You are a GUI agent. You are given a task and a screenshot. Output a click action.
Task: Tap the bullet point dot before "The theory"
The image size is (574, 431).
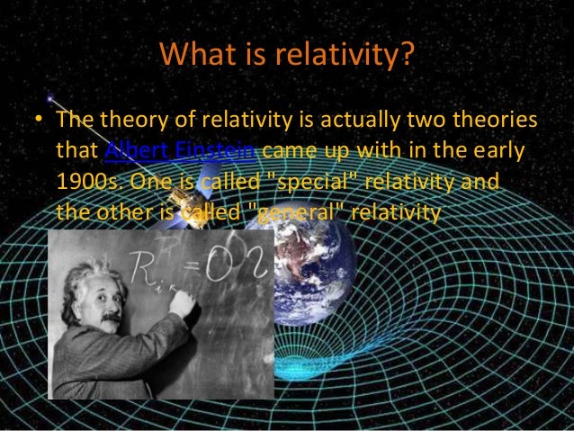(35, 121)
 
